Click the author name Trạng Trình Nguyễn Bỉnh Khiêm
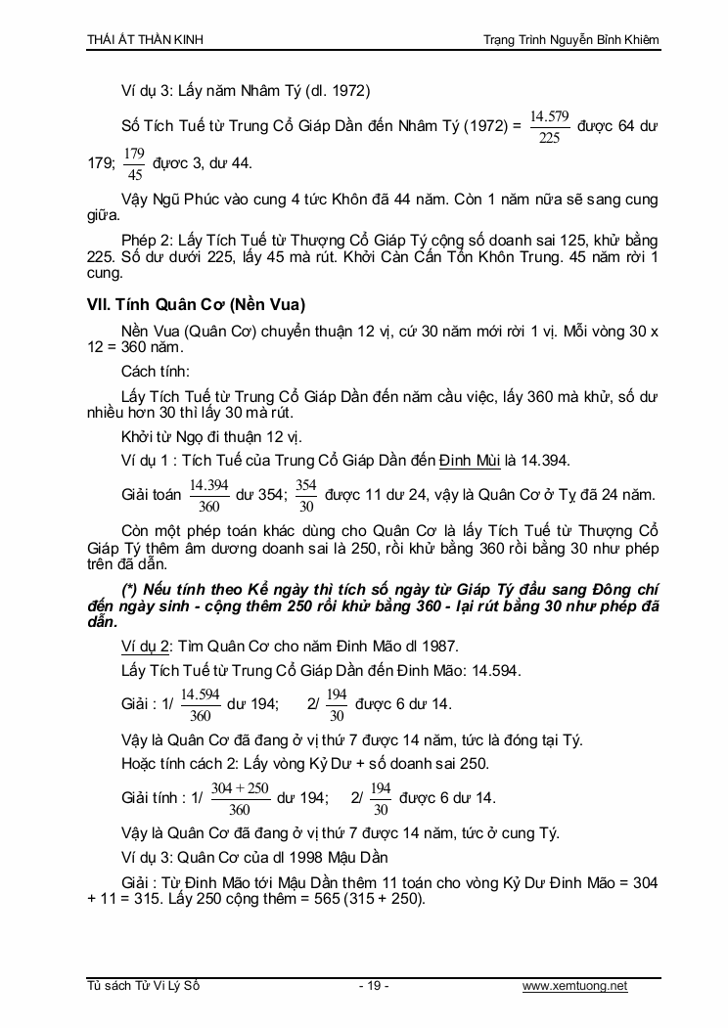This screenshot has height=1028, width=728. tap(571, 39)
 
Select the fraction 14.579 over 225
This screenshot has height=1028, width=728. tap(549, 127)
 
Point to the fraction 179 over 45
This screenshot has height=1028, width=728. tap(135, 163)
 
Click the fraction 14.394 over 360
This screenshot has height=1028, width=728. tap(208, 495)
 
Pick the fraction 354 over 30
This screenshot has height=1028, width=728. tap(305, 495)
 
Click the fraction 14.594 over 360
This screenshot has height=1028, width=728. tap(201, 703)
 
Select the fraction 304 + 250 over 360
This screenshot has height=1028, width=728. tap(239, 797)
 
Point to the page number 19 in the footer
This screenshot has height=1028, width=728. tap(374, 985)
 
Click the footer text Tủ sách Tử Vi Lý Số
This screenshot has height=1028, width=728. tap(143, 985)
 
